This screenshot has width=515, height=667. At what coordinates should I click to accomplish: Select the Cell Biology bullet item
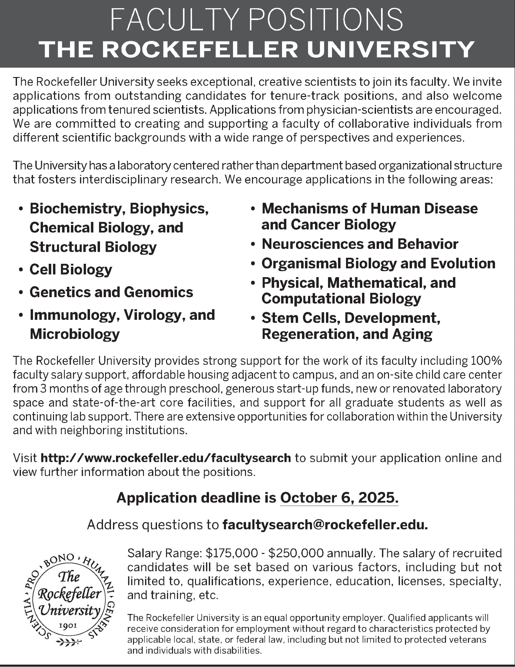click(x=71, y=269)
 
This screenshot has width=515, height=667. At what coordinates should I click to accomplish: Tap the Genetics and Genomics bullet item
click(x=111, y=292)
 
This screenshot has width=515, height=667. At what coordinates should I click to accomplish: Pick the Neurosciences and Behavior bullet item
click(x=360, y=244)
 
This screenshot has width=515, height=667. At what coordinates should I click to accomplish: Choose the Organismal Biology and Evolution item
click(x=378, y=263)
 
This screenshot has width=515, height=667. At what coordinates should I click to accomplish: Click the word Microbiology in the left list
click(x=75, y=334)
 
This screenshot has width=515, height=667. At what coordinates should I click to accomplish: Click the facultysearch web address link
click(x=166, y=458)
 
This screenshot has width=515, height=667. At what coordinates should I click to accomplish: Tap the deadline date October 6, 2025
click(x=339, y=498)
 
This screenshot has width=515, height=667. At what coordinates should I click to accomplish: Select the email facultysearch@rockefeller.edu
click(x=325, y=525)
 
